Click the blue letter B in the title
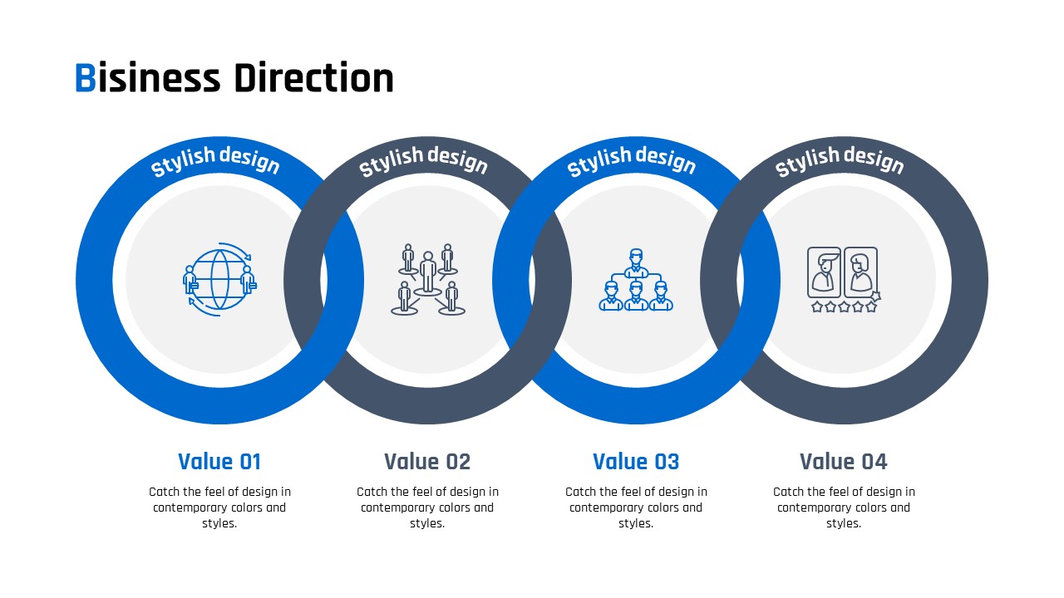86,78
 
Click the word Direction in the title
314,77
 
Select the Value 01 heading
219,461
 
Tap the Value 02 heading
427,461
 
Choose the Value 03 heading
636,461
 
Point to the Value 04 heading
843,461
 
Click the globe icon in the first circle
219,280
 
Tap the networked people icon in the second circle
427,280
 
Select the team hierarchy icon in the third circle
636,280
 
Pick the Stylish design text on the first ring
215,161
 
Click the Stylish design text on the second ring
423,161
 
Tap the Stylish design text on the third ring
631,161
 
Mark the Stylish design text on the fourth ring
840,161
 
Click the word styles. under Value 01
219,523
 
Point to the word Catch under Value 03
580,492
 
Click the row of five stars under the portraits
844,307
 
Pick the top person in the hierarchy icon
636,262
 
